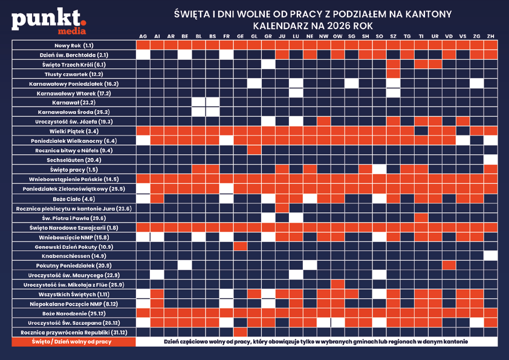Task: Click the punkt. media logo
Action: click(x=48, y=21)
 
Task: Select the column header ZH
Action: click(x=490, y=36)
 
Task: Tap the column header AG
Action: click(x=143, y=36)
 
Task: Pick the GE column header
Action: click(x=240, y=36)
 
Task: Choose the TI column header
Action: click(x=421, y=36)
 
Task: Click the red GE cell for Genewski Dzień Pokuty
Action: click(x=240, y=246)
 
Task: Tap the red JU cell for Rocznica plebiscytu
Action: click(x=282, y=208)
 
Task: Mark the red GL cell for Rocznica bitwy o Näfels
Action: click(x=254, y=151)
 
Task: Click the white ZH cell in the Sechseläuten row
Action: click(x=490, y=160)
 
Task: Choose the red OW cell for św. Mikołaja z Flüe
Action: click(x=337, y=284)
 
